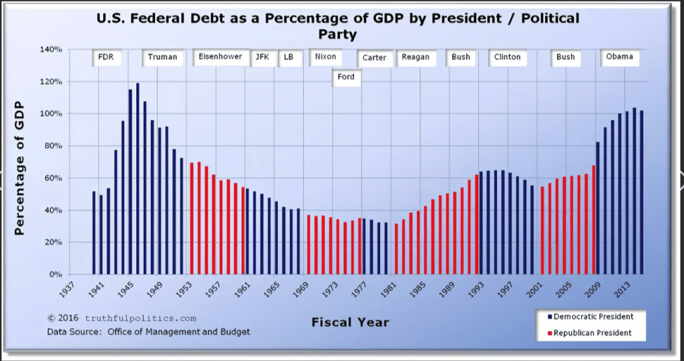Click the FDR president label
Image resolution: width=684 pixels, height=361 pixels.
pyautogui.click(x=106, y=57)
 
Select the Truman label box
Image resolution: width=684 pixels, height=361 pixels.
pyautogui.click(x=162, y=57)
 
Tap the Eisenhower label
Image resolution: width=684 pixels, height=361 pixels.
pyautogui.click(x=220, y=57)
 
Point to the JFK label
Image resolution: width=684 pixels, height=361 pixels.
pyautogui.click(x=261, y=57)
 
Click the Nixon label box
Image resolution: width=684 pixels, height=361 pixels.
pyautogui.click(x=325, y=57)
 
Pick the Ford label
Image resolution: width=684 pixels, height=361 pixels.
pyautogui.click(x=346, y=77)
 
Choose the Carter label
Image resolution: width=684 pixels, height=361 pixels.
pyautogui.click(x=374, y=58)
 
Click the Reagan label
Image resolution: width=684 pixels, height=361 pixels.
pyautogui.click(x=415, y=57)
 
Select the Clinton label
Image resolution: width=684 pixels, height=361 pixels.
pyautogui.click(x=507, y=57)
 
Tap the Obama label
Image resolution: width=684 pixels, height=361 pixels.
pyautogui.click(x=619, y=57)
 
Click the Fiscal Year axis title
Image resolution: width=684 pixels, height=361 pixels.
pyautogui.click(x=350, y=323)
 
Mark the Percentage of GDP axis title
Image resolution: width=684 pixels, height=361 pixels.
pyautogui.click(x=19, y=167)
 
